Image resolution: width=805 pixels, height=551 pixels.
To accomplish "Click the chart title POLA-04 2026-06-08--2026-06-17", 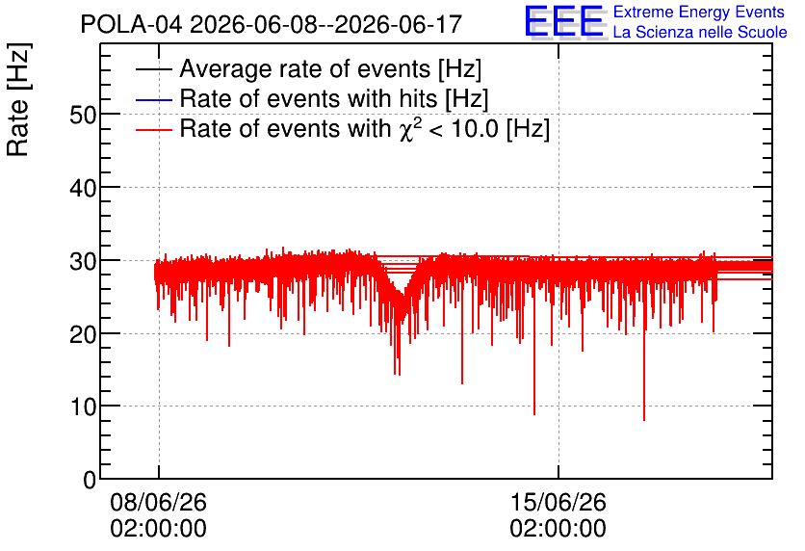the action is point(272,24).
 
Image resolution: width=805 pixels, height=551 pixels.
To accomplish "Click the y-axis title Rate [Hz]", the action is point(18,99).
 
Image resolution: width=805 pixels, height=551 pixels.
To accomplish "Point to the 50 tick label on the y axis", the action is point(83,115).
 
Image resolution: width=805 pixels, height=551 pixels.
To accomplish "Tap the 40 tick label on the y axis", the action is point(83,189).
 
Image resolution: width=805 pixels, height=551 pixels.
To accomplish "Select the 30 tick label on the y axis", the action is point(83,262).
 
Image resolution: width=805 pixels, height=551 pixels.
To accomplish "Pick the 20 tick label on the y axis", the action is point(83,335).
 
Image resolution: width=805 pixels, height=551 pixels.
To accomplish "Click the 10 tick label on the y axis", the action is point(83,407).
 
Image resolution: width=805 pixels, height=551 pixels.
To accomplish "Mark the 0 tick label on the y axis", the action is point(90,481).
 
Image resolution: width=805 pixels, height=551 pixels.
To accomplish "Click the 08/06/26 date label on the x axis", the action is point(158,502).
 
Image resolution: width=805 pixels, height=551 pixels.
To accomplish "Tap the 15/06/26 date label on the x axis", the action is point(558,502).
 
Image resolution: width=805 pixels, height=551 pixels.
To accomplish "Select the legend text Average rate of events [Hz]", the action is point(330,68).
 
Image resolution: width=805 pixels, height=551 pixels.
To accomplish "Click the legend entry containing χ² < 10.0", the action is point(365,128).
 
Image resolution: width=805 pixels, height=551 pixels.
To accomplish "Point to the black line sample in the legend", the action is point(153,69).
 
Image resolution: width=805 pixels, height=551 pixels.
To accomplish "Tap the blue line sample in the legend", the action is point(153,99).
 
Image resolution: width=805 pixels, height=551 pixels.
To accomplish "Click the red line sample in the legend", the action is point(153,129).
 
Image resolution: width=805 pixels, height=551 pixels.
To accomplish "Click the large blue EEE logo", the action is point(564,22).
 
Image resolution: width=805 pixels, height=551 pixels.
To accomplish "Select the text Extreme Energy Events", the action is point(699,12).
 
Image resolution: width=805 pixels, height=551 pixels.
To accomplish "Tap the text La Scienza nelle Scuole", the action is point(700,32).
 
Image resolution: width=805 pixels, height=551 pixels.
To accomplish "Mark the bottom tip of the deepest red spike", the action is point(644,421).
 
